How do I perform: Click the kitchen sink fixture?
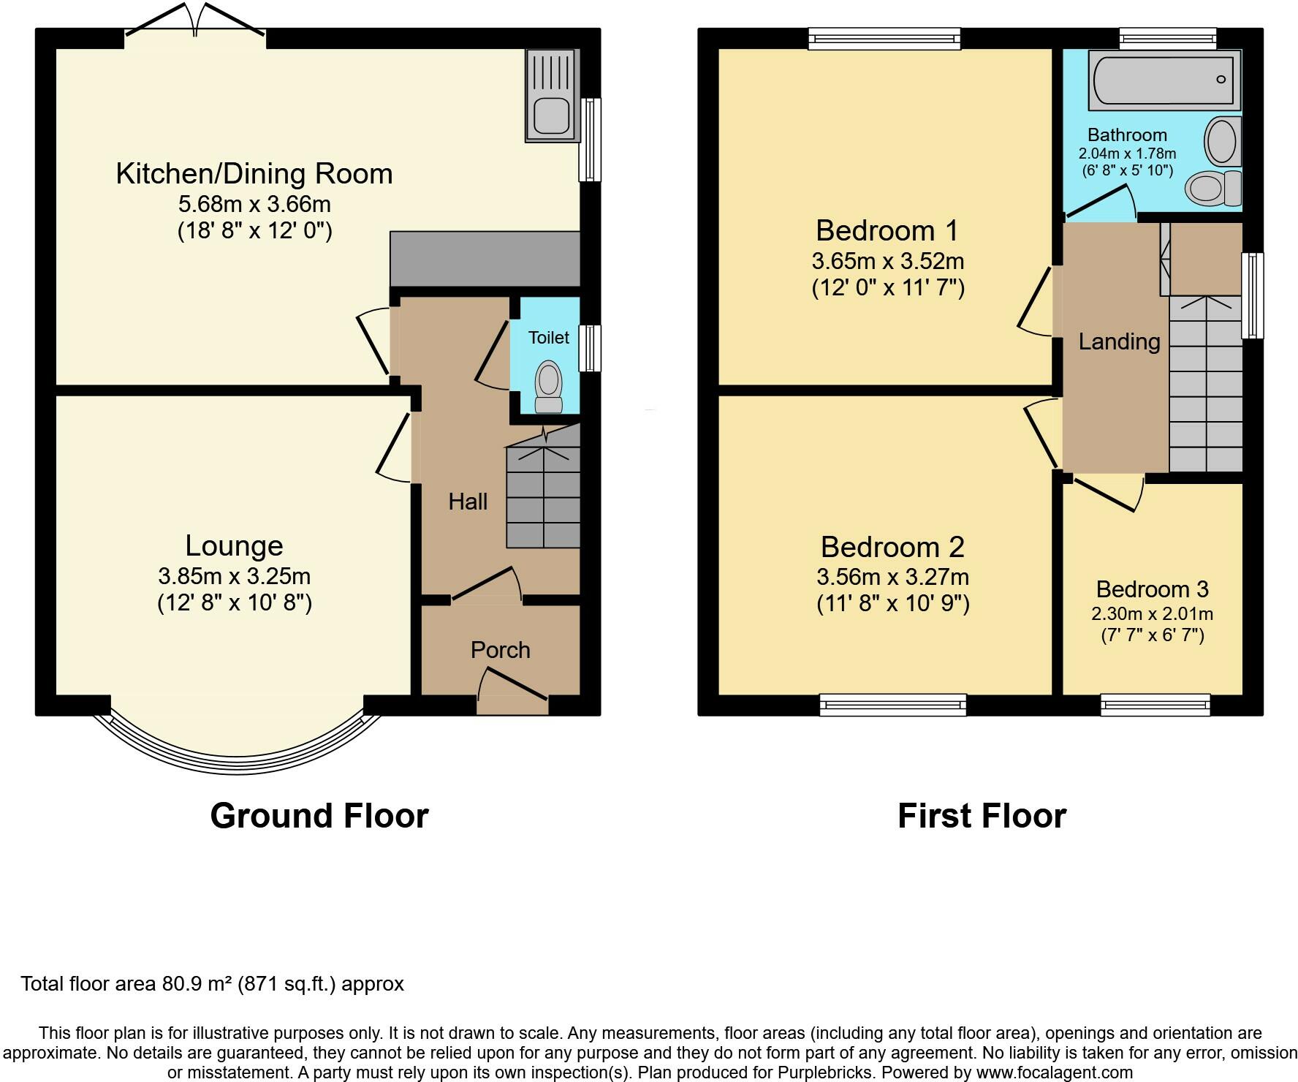552,95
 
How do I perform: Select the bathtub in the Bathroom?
1164,80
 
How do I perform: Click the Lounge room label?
234,545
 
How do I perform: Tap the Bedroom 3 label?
1152,589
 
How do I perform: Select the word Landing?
1119,341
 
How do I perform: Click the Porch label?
500,650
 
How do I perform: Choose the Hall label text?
468,502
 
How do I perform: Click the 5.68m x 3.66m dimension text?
254,204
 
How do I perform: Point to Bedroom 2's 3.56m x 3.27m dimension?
892,577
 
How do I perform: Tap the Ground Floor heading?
319,816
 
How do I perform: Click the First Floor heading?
982,816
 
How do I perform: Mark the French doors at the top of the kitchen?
194,20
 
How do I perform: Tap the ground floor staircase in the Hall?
543,486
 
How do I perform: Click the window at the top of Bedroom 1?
884,38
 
